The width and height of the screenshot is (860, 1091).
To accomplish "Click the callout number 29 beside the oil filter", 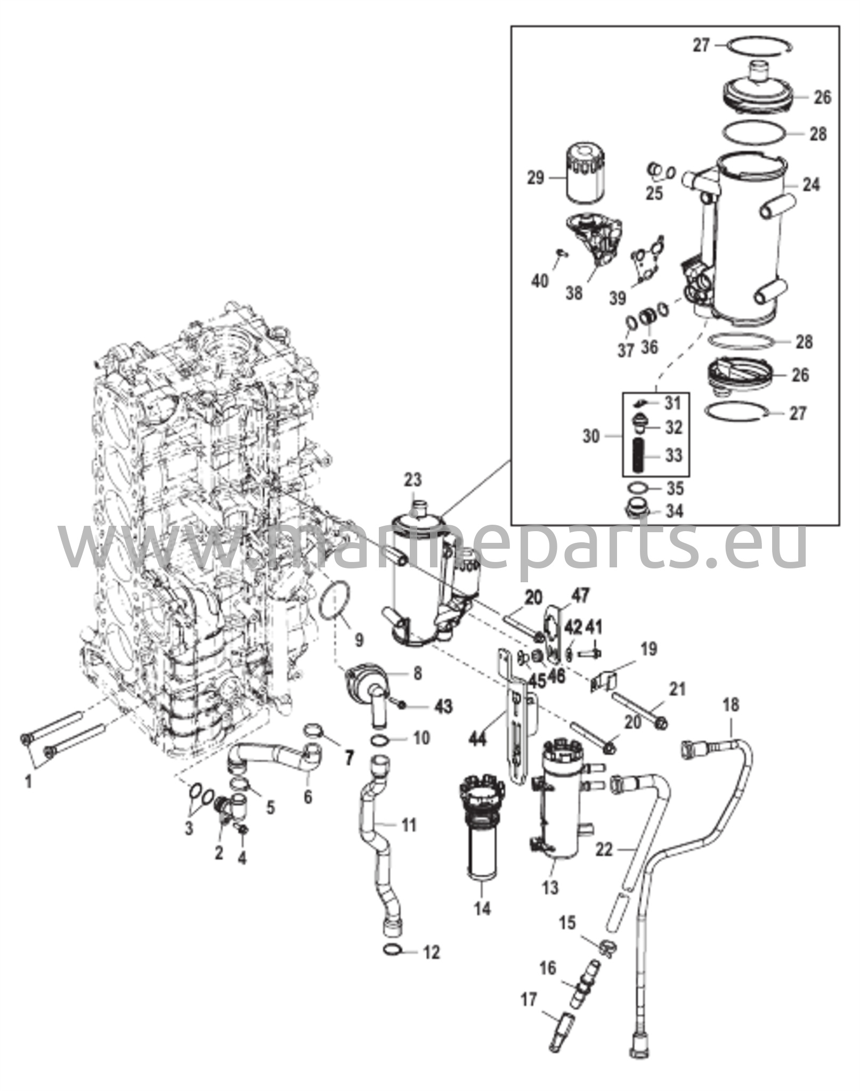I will coord(536,177).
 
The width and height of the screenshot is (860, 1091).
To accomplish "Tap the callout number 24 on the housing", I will coord(812,185).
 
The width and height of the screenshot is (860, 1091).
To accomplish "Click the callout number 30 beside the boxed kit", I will coord(591,437).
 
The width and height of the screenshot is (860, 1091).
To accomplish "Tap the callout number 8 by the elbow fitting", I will coord(417,674).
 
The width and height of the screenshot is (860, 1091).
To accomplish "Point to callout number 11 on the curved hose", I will coord(408,826).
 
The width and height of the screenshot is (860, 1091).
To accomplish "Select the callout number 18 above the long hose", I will coord(731,705).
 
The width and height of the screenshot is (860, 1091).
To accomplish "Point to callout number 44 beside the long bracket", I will coord(478,739).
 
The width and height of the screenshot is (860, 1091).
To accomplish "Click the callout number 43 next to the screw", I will coord(443,706).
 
